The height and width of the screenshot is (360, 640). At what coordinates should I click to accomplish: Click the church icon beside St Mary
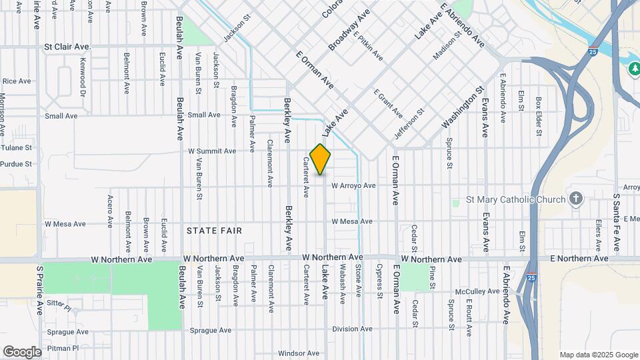[x=577, y=199]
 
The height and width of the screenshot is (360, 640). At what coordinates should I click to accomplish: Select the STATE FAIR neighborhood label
[x=214, y=231]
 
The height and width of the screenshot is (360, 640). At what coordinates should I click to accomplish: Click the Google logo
[x=22, y=351]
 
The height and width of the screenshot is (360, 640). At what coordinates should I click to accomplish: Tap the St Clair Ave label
[x=67, y=47]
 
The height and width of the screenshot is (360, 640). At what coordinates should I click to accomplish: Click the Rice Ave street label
[x=17, y=81]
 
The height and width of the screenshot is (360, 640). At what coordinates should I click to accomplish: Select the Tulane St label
[x=17, y=147]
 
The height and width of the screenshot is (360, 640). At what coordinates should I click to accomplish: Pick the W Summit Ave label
[x=212, y=151]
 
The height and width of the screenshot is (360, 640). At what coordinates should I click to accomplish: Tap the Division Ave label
[x=352, y=329]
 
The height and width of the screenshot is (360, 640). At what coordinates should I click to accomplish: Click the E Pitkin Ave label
[x=368, y=46]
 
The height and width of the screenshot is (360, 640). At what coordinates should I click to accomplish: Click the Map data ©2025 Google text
[x=599, y=355]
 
